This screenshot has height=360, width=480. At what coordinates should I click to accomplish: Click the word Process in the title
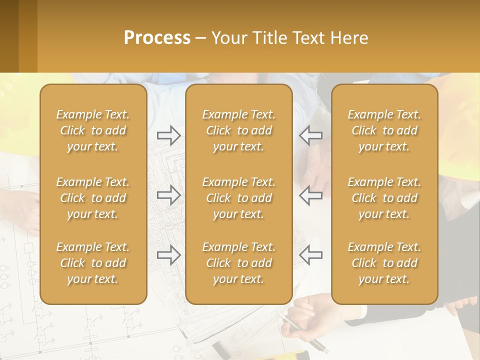point(157,37)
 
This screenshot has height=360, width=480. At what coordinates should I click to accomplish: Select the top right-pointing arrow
point(168,135)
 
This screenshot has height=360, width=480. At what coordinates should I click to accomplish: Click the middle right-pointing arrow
point(168,195)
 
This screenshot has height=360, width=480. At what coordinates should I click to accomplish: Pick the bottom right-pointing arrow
point(168,255)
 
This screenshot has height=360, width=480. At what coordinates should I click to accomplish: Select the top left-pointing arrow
point(311,135)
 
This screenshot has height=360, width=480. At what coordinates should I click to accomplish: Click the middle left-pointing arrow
point(311,195)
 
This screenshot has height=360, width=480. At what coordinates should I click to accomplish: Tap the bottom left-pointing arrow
point(311,255)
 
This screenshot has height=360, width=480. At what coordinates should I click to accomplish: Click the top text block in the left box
point(93,130)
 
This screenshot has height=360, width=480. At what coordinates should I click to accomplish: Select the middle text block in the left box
point(93,198)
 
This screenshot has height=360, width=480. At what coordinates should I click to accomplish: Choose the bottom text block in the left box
point(93,263)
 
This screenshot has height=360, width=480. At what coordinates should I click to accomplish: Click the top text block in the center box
point(238,130)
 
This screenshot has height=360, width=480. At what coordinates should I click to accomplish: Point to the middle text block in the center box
point(238,198)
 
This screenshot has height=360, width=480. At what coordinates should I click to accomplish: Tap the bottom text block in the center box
point(238,263)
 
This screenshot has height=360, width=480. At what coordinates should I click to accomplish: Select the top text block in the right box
point(384,130)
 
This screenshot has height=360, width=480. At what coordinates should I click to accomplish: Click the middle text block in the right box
point(384,198)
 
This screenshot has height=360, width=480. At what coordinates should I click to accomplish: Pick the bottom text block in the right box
point(384,263)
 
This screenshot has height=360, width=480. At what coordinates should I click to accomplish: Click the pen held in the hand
point(300,330)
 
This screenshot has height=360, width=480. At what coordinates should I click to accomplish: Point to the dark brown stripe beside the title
point(9,36)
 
